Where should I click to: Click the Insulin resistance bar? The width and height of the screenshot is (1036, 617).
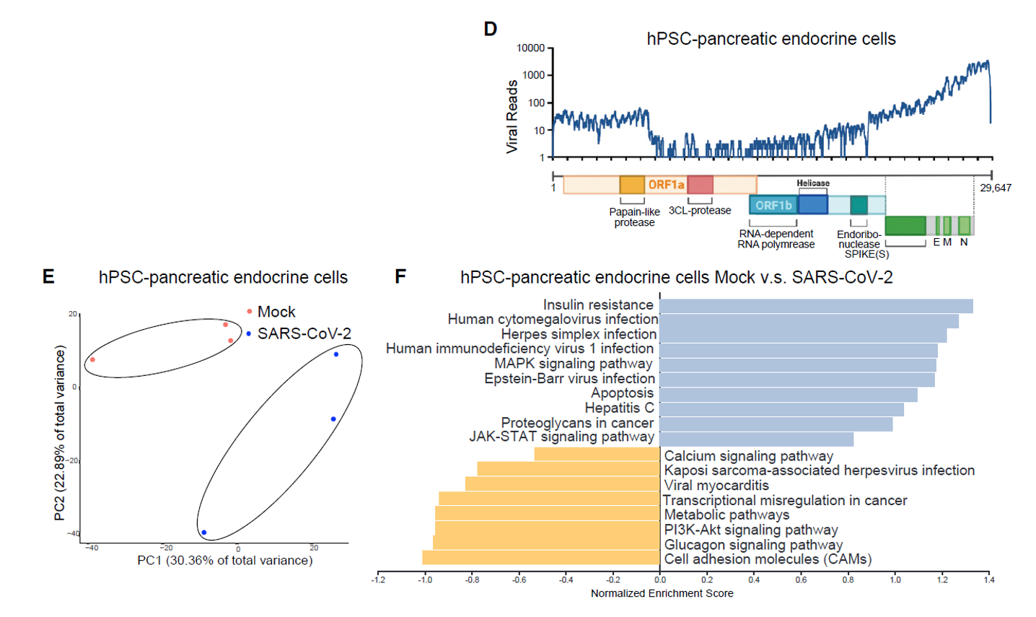point(816,306)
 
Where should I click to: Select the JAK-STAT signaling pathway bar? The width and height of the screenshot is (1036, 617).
point(756,439)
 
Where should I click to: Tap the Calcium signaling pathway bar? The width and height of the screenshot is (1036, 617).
point(597,454)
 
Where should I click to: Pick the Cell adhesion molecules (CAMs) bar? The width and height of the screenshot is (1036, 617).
point(541,558)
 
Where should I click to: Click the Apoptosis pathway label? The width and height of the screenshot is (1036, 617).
point(622,393)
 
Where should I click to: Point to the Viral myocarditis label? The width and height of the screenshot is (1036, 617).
point(716,486)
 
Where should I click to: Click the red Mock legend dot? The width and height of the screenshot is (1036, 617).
point(250,312)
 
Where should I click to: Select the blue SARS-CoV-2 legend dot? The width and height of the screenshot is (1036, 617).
point(250,333)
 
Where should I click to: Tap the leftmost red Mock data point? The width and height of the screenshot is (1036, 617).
point(92,359)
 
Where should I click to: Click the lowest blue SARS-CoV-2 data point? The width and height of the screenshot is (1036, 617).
point(204,533)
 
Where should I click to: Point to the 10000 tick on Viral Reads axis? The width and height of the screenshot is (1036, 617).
point(531,48)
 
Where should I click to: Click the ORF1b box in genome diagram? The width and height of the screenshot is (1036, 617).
point(773,206)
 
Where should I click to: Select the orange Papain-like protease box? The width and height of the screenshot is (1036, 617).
point(632,185)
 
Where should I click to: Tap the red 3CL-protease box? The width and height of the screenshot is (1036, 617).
point(700,185)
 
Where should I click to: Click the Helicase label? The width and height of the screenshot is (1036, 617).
point(813,183)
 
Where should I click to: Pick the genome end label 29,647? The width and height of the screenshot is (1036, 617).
point(996,188)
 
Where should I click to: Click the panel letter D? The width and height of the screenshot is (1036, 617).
point(491,30)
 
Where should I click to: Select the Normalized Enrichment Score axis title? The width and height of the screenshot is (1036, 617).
point(662,593)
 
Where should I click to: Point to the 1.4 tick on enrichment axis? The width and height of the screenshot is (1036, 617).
point(988,579)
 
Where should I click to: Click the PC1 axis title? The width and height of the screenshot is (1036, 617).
point(225,560)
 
